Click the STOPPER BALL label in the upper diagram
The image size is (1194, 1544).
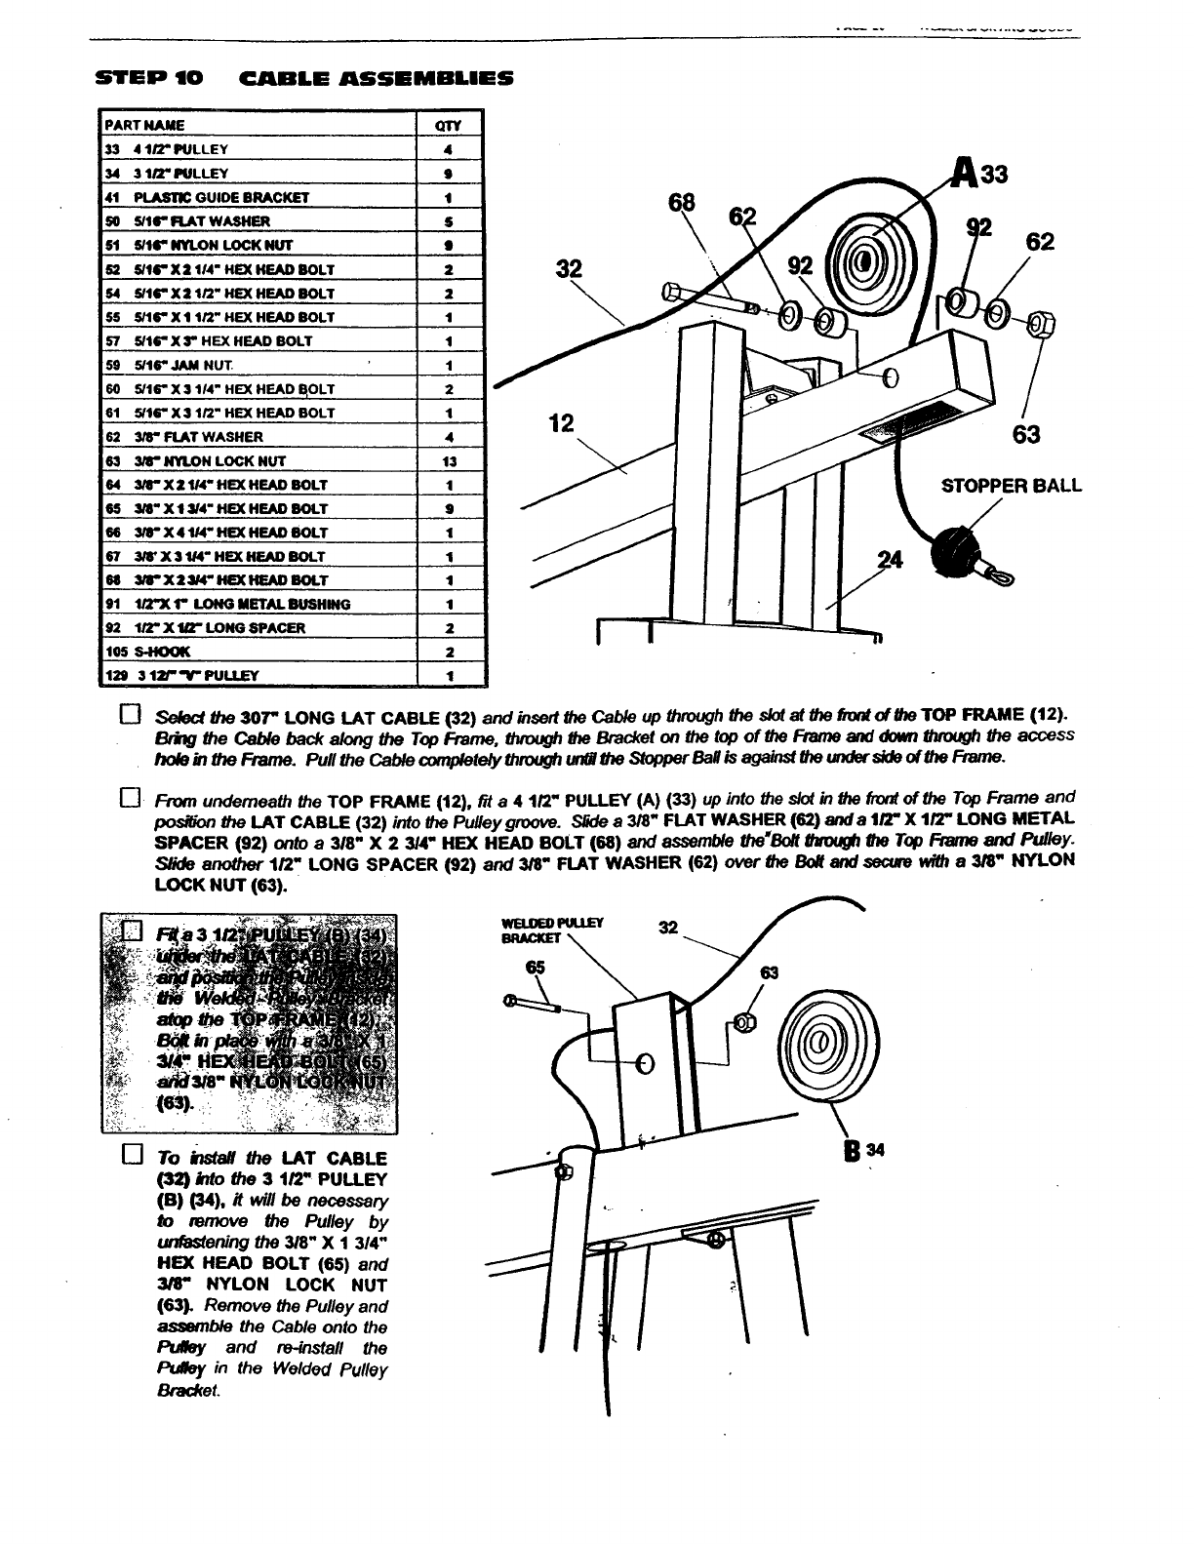1011,485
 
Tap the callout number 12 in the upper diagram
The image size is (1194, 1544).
563,423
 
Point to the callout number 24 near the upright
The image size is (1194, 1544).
890,560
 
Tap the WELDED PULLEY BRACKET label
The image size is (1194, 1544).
552,930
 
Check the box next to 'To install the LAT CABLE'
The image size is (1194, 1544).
131,1157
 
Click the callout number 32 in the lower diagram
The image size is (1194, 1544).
668,928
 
